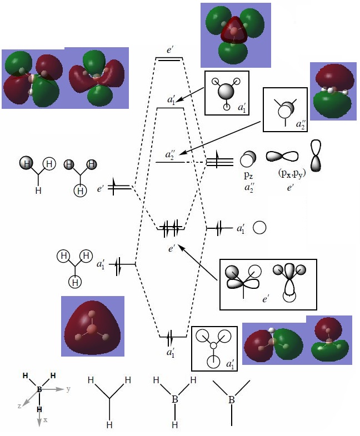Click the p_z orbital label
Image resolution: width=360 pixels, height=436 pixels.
point(247,176)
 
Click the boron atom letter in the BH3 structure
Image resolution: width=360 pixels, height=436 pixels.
point(174,399)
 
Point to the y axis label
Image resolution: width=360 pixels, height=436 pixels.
point(68,389)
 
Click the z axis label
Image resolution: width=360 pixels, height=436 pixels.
point(19,406)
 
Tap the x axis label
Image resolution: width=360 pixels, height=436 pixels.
point(46,420)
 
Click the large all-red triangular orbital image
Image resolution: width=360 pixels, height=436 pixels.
point(92,326)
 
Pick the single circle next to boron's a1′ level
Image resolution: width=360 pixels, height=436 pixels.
point(259,228)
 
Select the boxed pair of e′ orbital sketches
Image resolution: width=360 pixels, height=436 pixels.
point(268,284)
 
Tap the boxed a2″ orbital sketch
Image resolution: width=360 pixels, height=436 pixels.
point(284,109)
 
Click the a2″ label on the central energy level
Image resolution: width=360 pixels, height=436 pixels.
point(171,154)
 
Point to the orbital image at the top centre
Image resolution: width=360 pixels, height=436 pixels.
point(236,32)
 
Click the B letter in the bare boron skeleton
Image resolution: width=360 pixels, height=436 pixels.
point(232,399)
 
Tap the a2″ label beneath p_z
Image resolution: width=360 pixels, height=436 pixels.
point(248,187)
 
